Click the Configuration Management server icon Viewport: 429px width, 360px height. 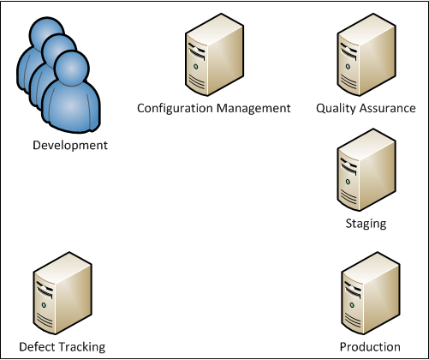(x=215, y=55)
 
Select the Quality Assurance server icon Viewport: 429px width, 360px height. (x=366, y=55)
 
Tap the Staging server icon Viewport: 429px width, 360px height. (x=366, y=170)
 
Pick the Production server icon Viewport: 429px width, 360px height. (x=371, y=293)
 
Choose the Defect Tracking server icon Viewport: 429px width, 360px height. (x=63, y=293)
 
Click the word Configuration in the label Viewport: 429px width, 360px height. (x=175, y=109)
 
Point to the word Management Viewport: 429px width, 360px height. (x=253, y=109)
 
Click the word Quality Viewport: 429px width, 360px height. (x=336, y=109)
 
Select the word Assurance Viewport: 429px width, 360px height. (x=387, y=108)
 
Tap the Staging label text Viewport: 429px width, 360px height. (x=366, y=224)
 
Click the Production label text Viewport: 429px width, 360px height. (x=370, y=347)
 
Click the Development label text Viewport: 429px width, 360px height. (x=70, y=146)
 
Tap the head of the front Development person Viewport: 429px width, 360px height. (x=72, y=68)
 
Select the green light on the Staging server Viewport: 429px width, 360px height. (x=348, y=182)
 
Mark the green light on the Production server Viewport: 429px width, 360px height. (x=352, y=305)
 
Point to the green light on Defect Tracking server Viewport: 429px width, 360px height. (x=44, y=305)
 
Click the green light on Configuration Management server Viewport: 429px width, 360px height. (x=196, y=67)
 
